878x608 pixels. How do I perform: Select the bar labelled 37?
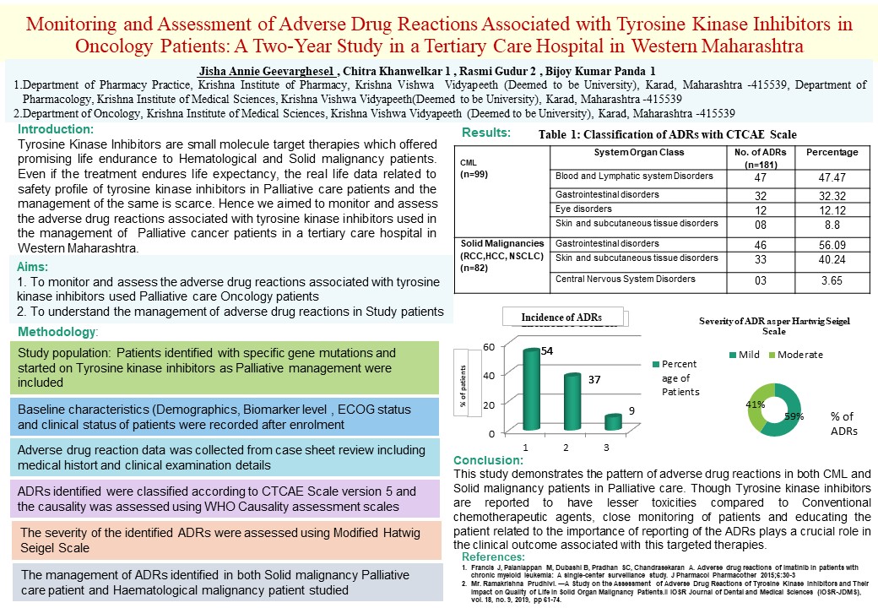pyautogui.click(x=572, y=404)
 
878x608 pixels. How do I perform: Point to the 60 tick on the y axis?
pyautogui.click(x=489, y=347)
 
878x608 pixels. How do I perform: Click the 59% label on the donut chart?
pyautogui.click(x=794, y=416)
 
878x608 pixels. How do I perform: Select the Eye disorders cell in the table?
pyautogui.click(x=583, y=209)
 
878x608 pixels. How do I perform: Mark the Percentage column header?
pyautogui.click(x=832, y=152)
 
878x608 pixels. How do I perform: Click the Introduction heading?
pyautogui.click(x=56, y=130)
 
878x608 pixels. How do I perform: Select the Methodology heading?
pyautogui.click(x=57, y=330)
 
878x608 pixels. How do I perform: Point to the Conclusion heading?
pyautogui.click(x=488, y=460)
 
